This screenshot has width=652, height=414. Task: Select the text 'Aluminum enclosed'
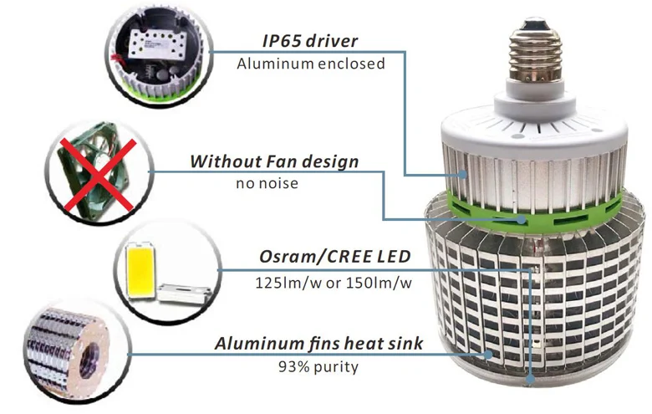coord(311,63)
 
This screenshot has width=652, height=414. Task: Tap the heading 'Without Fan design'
coord(275,161)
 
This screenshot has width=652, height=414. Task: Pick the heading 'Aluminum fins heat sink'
coord(318,343)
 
